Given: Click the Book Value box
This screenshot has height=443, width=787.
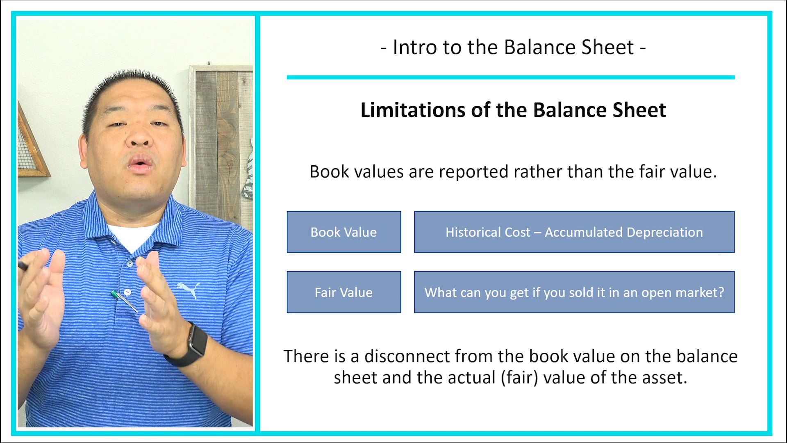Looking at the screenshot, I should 343,232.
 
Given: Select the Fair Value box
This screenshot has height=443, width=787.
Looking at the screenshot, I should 343,292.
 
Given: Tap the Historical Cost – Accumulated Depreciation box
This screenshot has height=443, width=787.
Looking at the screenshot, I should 574,232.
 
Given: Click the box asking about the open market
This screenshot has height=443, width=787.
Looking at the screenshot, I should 574,292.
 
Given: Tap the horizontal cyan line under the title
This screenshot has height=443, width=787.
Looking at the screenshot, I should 510,77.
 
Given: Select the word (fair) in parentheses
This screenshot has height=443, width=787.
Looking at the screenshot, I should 519,377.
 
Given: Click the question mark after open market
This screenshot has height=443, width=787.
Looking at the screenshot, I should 721,292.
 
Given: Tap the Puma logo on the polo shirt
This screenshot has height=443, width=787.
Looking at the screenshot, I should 189,289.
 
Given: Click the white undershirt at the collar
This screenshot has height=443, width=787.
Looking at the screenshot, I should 133,236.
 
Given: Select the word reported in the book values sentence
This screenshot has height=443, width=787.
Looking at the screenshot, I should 473,171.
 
